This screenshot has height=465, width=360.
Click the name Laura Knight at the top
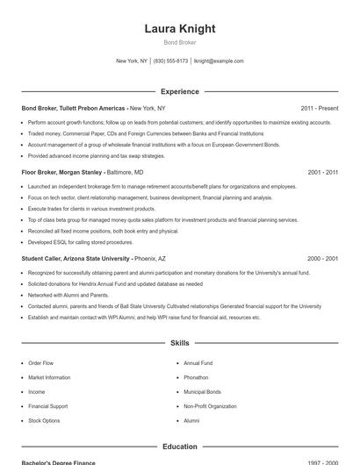pyautogui.click(x=180, y=28)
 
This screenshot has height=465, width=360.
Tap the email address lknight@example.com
pyautogui.click(x=219, y=61)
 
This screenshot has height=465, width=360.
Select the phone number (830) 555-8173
pyautogui.click(x=170, y=61)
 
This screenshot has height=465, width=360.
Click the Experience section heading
pyautogui.click(x=180, y=91)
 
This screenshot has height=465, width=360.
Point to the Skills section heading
pyautogui.click(x=180, y=343)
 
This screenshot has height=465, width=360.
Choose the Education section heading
pyautogui.click(x=180, y=447)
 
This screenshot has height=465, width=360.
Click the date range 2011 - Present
pyautogui.click(x=319, y=108)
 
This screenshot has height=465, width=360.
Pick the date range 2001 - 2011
pyautogui.click(x=322, y=173)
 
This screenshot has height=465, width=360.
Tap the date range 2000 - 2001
pyautogui.click(x=322, y=259)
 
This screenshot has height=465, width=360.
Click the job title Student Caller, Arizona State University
pyautogui.click(x=76, y=259)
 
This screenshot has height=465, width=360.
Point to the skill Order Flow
pyautogui.click(x=40, y=362)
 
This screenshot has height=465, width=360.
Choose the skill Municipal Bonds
pyautogui.click(x=202, y=392)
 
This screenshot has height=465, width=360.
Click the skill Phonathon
pyautogui.click(x=196, y=377)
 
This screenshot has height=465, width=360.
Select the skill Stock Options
pyautogui.click(x=44, y=421)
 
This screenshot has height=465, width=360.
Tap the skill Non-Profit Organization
pyautogui.click(x=210, y=406)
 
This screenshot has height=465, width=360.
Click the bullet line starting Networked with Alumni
pyautogui.click(x=68, y=296)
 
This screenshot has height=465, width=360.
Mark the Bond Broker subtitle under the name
pyautogui.click(x=180, y=42)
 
